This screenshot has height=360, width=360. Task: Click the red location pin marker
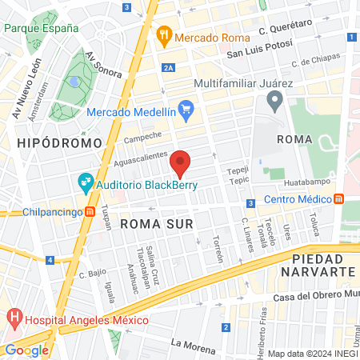point(181,162)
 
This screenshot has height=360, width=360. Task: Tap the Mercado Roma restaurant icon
point(164,34)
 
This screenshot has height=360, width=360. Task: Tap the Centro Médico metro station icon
point(339,198)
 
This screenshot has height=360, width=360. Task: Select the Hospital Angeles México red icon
point(14,319)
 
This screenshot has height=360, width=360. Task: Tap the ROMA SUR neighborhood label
point(157,225)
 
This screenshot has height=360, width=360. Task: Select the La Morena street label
point(194,346)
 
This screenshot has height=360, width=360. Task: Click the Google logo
point(26,350)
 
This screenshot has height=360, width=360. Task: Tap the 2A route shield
point(167,69)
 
